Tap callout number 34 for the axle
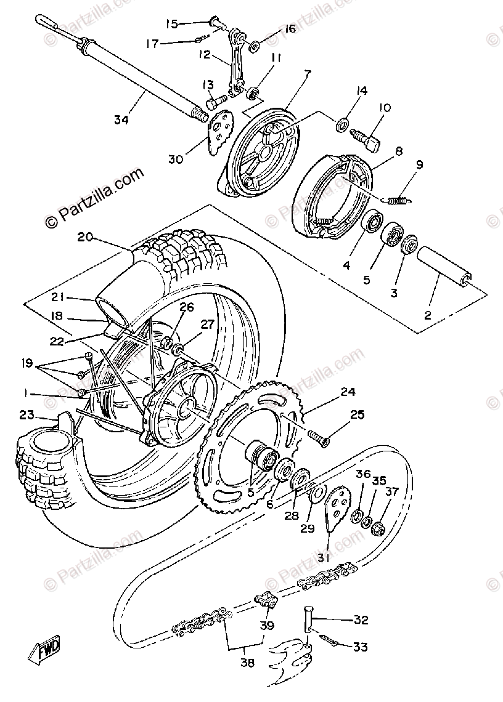[121, 120]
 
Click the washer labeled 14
[341, 126]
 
